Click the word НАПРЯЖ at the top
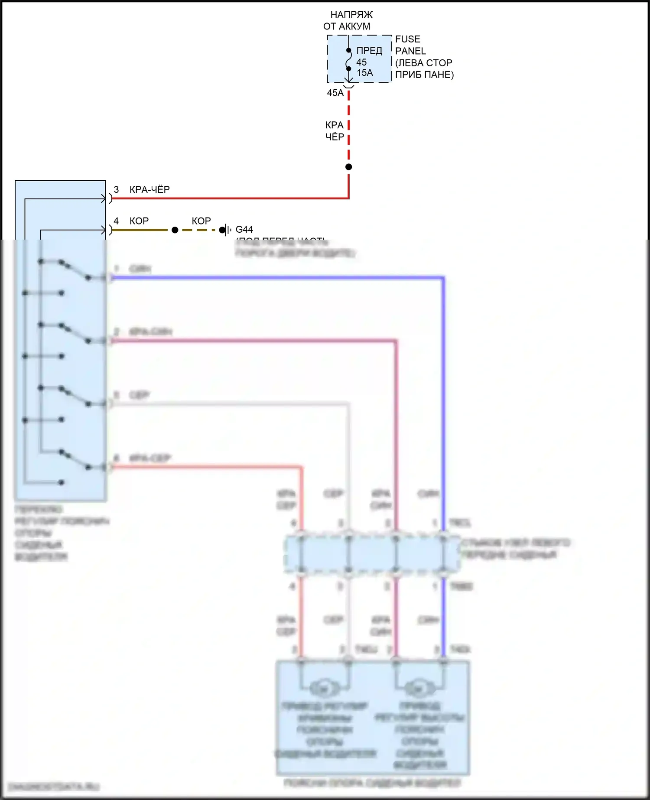click(x=351, y=15)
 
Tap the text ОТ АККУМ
click(x=347, y=26)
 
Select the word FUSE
click(x=407, y=39)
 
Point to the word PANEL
click(x=410, y=51)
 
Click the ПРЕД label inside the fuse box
click(x=369, y=51)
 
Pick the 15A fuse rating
click(x=364, y=73)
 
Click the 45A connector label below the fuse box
click(x=335, y=93)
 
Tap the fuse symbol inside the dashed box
click(x=348, y=59)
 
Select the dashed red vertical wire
click(x=349, y=130)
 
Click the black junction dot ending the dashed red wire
click(x=349, y=167)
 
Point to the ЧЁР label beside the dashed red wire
click(x=335, y=137)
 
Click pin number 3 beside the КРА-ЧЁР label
click(x=116, y=189)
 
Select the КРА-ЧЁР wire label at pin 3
click(x=149, y=189)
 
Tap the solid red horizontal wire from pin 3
click(x=230, y=198)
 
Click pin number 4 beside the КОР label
click(x=116, y=221)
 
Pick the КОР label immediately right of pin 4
click(x=139, y=221)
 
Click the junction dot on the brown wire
click(x=175, y=230)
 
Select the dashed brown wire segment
click(x=199, y=230)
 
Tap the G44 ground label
click(x=244, y=229)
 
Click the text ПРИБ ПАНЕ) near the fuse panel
click(x=424, y=75)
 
